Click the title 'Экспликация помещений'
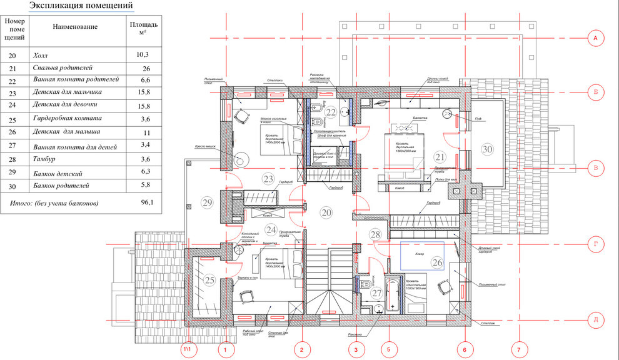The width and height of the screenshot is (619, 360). pos(81,6)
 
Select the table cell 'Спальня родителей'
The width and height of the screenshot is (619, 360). pos(63,67)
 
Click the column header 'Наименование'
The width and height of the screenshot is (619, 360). pos(75,27)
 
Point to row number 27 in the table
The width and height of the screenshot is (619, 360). pos(13,144)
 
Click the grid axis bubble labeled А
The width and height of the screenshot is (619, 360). pos(595,39)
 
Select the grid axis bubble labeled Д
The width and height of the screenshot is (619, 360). pos(595,321)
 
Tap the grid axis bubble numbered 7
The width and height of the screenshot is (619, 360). pos(517,349)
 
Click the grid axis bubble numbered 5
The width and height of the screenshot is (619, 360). pos(388,349)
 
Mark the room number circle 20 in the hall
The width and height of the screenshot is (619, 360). pos(326,212)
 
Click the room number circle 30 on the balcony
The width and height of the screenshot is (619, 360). pos(487,149)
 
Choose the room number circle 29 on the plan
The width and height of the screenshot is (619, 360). pos(208,202)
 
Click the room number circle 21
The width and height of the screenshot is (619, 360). pos(440,157)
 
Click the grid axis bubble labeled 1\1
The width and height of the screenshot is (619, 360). pos(188,349)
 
